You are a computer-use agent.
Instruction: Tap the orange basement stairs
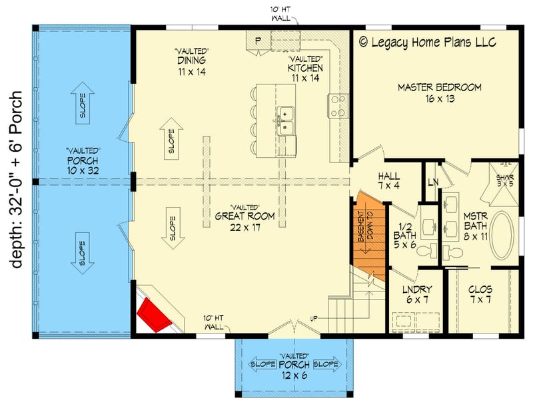click(x=370, y=236)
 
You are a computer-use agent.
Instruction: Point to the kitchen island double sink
click(x=285, y=120)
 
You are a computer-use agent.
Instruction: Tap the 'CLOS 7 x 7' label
click(x=480, y=294)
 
